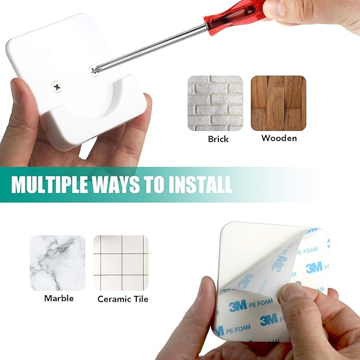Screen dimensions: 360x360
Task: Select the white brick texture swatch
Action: coord(215,103)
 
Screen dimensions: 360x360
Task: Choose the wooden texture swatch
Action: coord(278,103)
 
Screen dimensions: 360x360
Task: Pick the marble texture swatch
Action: coord(57,262)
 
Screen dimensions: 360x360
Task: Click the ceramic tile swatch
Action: coord(121,262)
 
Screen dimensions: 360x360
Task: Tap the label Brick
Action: coord(218,139)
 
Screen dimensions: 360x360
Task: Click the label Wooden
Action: coord(279,138)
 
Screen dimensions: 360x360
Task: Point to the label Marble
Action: coord(59,298)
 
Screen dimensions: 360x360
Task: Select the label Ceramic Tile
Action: coord(123,299)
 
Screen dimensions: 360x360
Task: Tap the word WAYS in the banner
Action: coord(120,184)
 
